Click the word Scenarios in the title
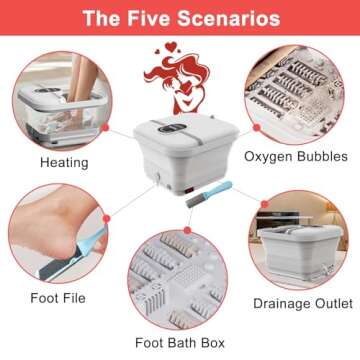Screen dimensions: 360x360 click(x=229, y=19)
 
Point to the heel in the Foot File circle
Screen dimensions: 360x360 click(x=40, y=244)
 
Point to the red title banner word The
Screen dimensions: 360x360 click(x=101, y=19)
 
